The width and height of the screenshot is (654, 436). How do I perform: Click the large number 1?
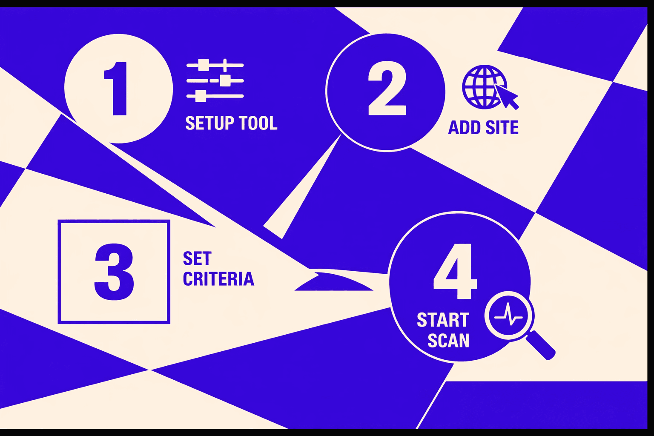click(x=117, y=89)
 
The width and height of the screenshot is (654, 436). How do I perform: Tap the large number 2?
click(x=387, y=89)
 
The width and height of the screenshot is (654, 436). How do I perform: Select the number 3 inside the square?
click(x=114, y=272)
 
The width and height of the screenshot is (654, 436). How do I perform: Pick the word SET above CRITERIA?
click(x=197, y=258)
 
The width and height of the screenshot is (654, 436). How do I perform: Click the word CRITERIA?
click(x=218, y=279)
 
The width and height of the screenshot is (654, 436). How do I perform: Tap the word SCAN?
click(x=448, y=341)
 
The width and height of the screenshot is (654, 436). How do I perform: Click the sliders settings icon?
click(x=215, y=81)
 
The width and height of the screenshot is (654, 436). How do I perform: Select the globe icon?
click(x=484, y=87)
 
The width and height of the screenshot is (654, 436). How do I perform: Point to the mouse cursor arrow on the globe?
click(x=506, y=96)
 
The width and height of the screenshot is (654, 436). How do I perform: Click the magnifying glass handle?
click(x=540, y=345)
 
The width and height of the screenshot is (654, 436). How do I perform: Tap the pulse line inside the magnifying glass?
click(x=508, y=316)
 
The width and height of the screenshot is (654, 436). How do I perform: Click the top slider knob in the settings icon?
click(x=204, y=65)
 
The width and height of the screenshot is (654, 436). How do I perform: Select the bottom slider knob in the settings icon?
click(x=201, y=96)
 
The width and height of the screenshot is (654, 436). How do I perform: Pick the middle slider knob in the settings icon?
click(x=225, y=80)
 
